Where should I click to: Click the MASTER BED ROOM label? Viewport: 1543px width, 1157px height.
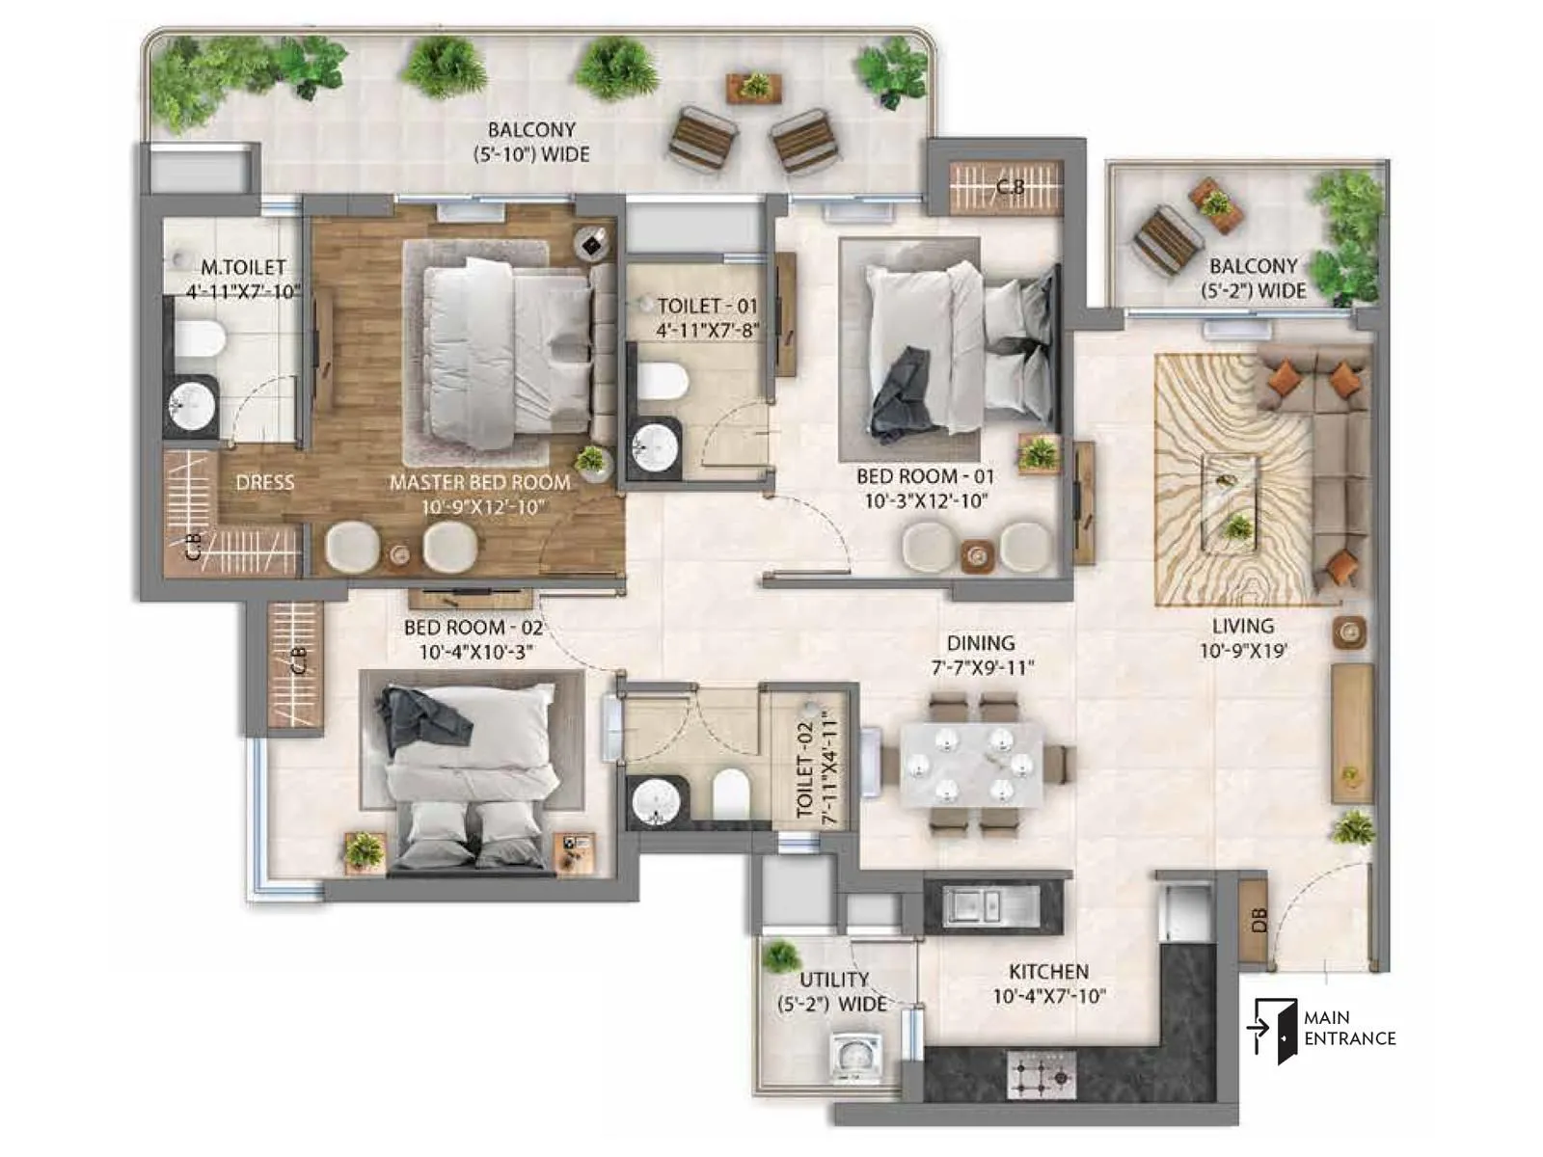coord(479,482)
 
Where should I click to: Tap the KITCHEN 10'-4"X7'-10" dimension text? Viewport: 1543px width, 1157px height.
coord(1048,997)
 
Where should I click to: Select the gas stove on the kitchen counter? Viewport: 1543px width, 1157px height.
coord(1042,1074)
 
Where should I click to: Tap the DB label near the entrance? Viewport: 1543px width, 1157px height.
coord(1258,921)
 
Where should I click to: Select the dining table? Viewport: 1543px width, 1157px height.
coord(972,766)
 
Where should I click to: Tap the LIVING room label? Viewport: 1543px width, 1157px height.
coord(1243,626)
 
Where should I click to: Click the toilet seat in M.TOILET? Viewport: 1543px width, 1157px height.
coord(200,338)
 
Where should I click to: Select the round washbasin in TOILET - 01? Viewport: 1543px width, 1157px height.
coord(655,446)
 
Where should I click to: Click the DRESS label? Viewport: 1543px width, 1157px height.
coord(264,482)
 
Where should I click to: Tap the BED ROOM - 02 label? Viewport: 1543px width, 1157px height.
coord(473,628)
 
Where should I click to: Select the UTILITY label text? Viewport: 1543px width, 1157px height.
coord(834,979)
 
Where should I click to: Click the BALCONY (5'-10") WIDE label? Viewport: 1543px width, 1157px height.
coord(530,142)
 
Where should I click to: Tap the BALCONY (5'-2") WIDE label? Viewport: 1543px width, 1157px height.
coord(1253,278)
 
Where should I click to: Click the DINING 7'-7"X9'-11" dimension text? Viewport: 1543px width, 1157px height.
coord(981,667)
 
